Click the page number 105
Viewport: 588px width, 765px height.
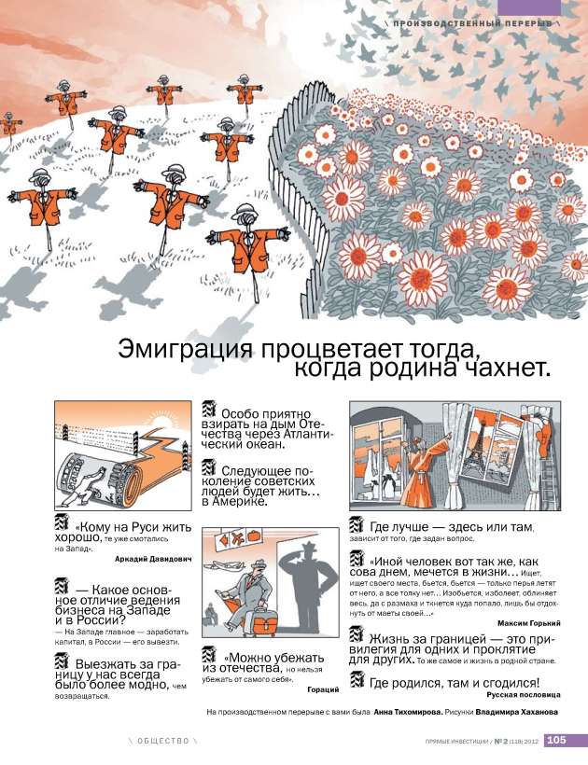tap(556, 741)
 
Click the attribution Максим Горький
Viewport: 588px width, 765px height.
tap(527, 621)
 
